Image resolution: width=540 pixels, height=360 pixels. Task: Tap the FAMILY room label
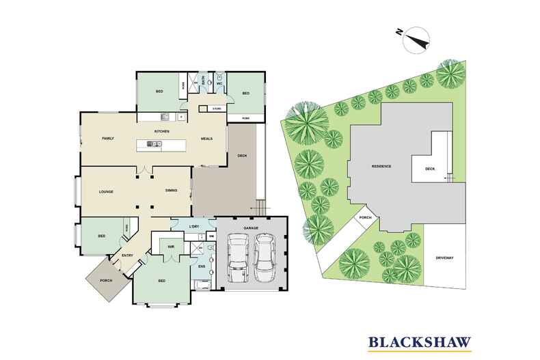(108, 138)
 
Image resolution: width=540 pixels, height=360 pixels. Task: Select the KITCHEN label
(161, 130)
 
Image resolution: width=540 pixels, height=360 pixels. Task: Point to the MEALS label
(206, 138)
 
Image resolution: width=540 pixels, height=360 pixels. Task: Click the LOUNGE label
(106, 192)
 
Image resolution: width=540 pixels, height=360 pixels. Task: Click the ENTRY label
(127, 256)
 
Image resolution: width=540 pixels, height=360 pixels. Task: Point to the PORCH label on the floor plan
(105, 279)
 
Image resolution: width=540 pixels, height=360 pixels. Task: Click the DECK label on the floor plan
(241, 156)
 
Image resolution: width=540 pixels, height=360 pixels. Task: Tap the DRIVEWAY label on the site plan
(444, 257)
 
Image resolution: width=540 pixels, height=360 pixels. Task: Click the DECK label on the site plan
(430, 168)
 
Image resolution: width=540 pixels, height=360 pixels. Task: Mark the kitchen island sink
(154, 144)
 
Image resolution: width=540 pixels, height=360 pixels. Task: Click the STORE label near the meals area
(216, 109)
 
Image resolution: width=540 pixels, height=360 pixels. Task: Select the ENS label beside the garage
(202, 266)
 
